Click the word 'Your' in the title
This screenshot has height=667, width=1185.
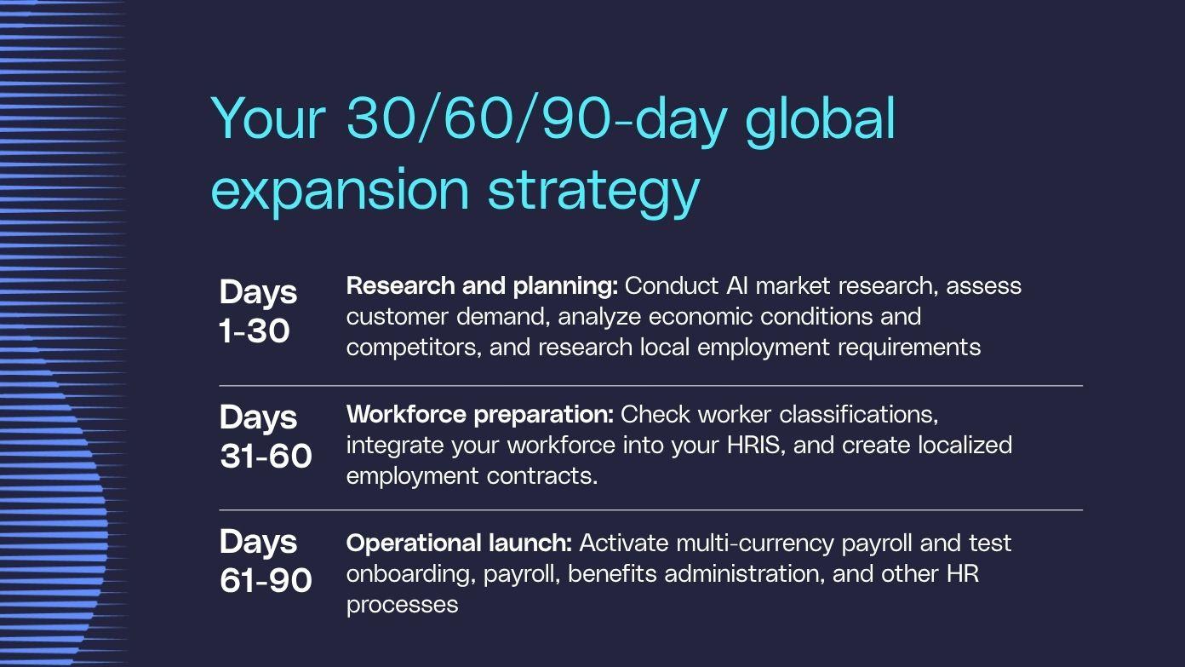[x=268, y=118]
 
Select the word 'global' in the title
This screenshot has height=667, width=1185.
[x=820, y=121]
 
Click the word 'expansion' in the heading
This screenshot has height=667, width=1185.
[x=341, y=193]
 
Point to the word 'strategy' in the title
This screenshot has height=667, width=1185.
[x=593, y=193]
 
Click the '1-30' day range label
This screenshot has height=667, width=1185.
[x=255, y=331]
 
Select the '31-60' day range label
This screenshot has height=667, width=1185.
[x=266, y=456]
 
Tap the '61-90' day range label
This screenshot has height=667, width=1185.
[x=266, y=580]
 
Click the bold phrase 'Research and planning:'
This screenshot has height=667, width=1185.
[x=482, y=287]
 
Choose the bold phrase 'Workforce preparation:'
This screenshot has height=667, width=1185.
[x=480, y=415]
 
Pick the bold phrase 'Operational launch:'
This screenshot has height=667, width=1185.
[x=459, y=543]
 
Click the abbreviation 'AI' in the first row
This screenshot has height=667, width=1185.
[x=737, y=286]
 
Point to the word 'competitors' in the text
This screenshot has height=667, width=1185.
[x=412, y=348]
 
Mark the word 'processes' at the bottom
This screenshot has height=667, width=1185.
[x=402, y=606]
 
